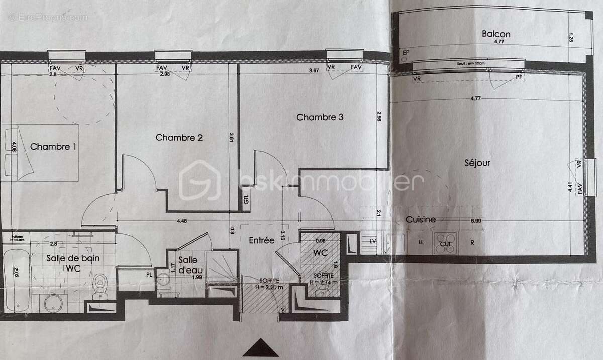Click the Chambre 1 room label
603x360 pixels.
coord(53,147)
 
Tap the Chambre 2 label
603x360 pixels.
coord(179,137)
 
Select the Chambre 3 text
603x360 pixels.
coord(320,117)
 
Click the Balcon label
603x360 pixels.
coord(496,34)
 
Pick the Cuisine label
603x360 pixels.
coord(421,219)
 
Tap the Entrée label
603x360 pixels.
coord(262,240)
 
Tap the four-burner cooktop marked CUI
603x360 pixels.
coord(445,243)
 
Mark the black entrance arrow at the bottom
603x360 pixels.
coord(260,348)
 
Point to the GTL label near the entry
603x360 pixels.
coord(246,200)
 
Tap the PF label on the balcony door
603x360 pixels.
coord(519,77)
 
